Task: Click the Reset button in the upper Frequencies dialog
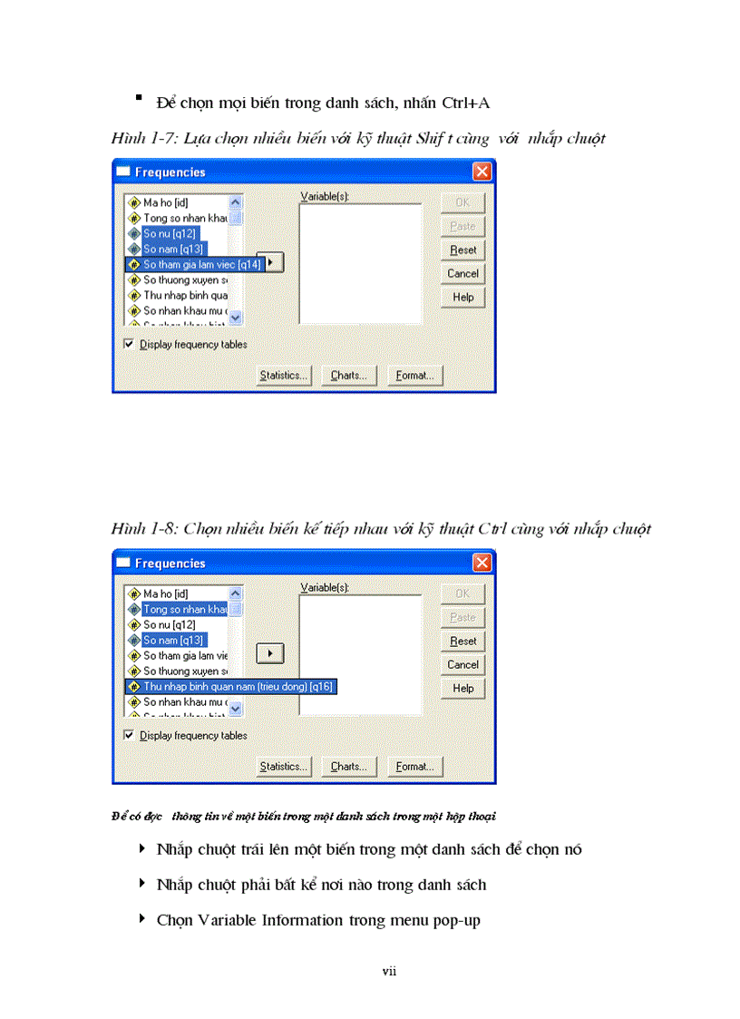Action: click(x=462, y=250)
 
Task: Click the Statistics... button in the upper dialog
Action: click(x=283, y=375)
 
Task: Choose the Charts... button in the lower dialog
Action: click(x=347, y=766)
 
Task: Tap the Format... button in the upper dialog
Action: click(x=414, y=375)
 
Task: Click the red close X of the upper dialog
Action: click(x=482, y=171)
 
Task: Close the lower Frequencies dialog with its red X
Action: click(x=482, y=563)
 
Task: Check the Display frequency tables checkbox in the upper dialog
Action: click(x=129, y=344)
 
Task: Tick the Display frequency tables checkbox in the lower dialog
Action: click(x=129, y=735)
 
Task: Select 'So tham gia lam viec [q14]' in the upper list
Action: click(x=201, y=264)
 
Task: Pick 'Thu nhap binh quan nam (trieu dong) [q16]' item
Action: click(x=238, y=687)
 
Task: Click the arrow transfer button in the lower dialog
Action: click(x=270, y=652)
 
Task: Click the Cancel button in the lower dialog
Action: click(x=462, y=664)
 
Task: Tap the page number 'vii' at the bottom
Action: click(x=389, y=971)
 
